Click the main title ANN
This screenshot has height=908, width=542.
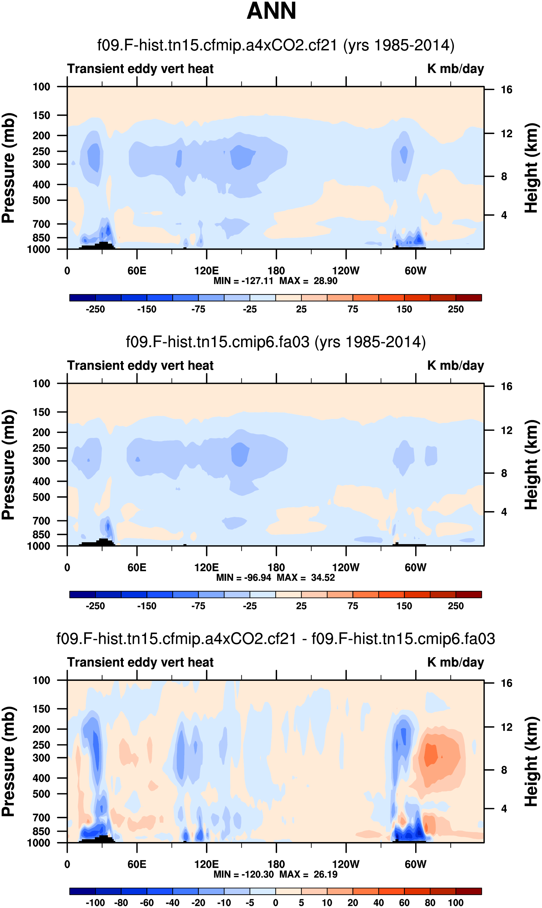pyautogui.click(x=271, y=11)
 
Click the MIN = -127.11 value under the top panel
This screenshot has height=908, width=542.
pyautogui.click(x=243, y=281)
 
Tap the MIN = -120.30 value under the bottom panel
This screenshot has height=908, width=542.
pyautogui.click(x=243, y=874)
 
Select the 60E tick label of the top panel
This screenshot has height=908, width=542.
pyautogui.click(x=137, y=271)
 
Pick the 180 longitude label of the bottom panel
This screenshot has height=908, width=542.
pyautogui.click(x=276, y=864)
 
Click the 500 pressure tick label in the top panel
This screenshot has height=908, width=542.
pyautogui.click(x=41, y=200)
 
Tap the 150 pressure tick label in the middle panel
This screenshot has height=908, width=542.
pyautogui.click(x=41, y=412)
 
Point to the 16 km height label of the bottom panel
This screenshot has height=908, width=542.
pyautogui.click(x=506, y=683)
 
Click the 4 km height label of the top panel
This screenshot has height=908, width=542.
pyautogui.click(x=504, y=215)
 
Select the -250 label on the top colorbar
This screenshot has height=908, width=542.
pyautogui.click(x=95, y=309)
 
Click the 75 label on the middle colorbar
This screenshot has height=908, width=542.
pyautogui.click(x=353, y=606)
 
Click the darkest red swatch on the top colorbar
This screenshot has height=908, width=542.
pyautogui.click(x=469, y=298)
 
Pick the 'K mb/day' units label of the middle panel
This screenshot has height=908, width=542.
pyautogui.click(x=455, y=365)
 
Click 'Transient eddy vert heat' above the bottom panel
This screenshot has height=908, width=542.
pyautogui.click(x=140, y=662)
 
